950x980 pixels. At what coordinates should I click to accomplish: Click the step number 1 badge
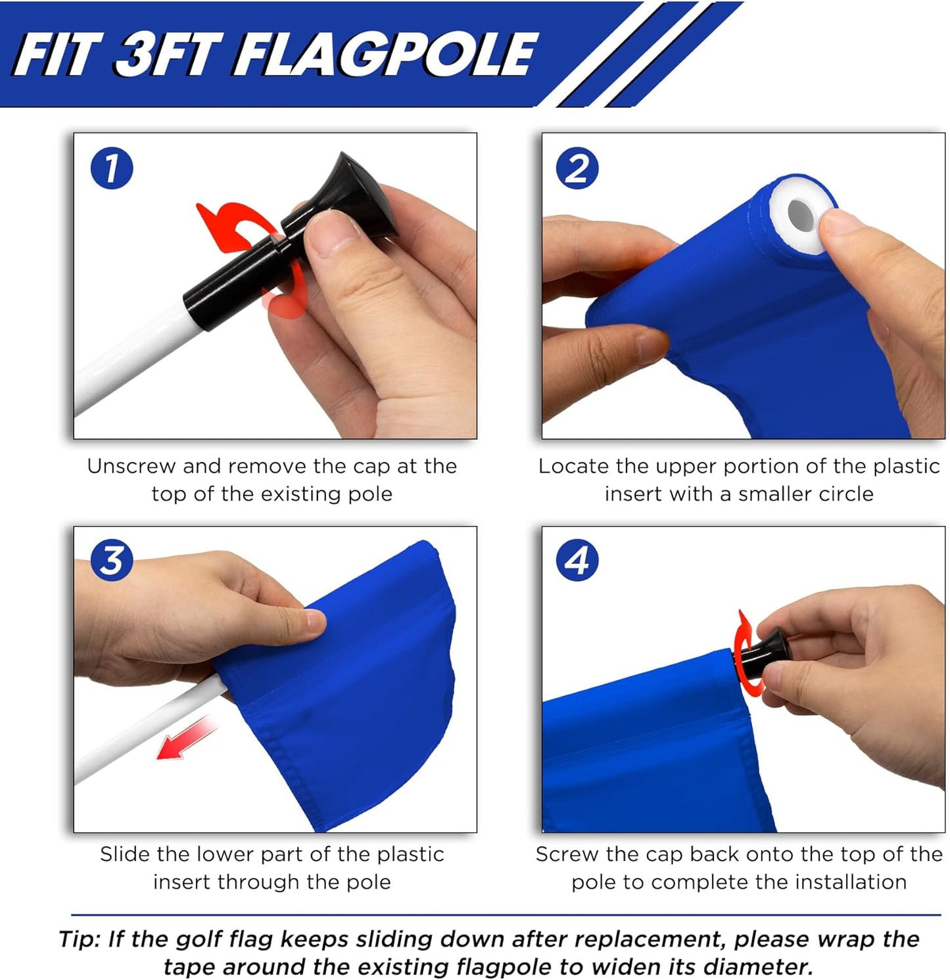pyautogui.click(x=112, y=168)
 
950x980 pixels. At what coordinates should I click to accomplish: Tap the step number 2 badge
pyautogui.click(x=577, y=168)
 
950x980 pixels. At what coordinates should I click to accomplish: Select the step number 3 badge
pyautogui.click(x=112, y=561)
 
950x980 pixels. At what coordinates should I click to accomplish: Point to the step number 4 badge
pyautogui.click(x=577, y=561)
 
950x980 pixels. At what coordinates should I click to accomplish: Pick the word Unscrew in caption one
pyautogui.click(x=132, y=466)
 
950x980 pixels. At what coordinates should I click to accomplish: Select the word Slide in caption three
pyautogui.click(x=126, y=854)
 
